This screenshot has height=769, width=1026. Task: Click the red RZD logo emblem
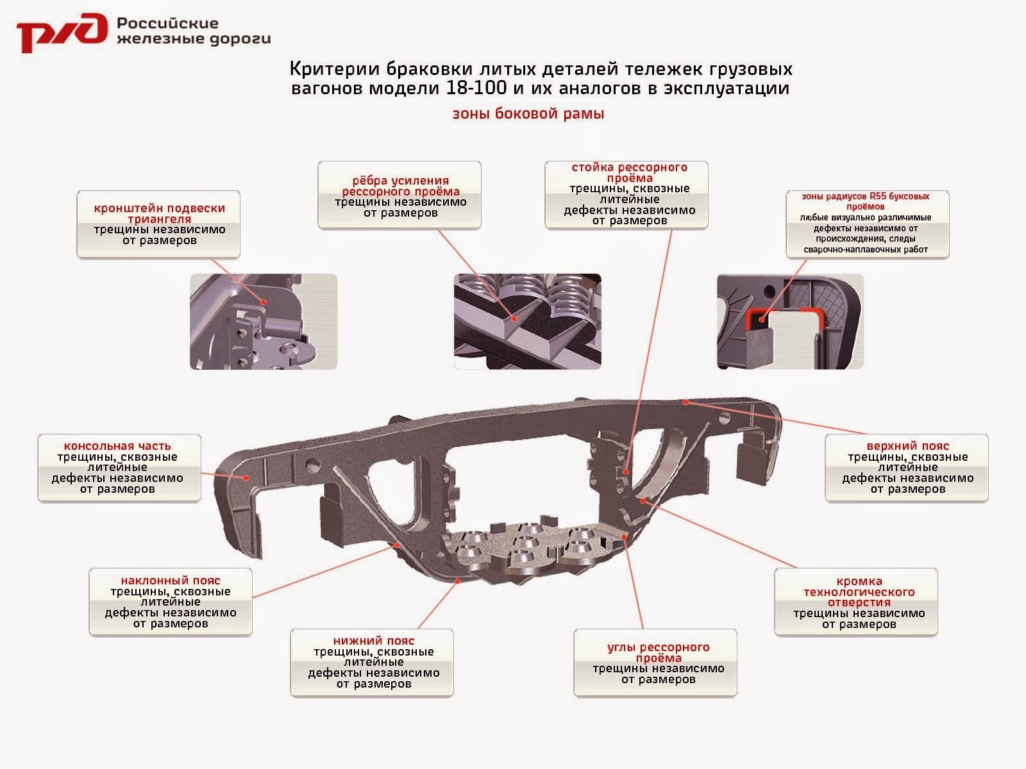61,32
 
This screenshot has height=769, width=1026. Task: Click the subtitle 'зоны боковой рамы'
528,114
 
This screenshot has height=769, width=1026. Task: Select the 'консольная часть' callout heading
117,446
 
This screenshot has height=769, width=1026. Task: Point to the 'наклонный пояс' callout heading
171,581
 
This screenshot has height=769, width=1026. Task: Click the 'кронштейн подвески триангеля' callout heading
160,213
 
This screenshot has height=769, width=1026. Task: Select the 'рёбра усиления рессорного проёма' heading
401,186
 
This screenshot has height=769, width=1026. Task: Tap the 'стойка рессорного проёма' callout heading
629,172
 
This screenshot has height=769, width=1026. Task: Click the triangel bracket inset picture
263,322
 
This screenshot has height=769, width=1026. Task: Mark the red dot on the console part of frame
246,477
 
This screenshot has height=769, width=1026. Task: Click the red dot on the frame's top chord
685,402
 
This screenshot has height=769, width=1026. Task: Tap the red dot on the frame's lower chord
458,581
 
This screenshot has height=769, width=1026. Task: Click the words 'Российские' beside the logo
168,24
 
